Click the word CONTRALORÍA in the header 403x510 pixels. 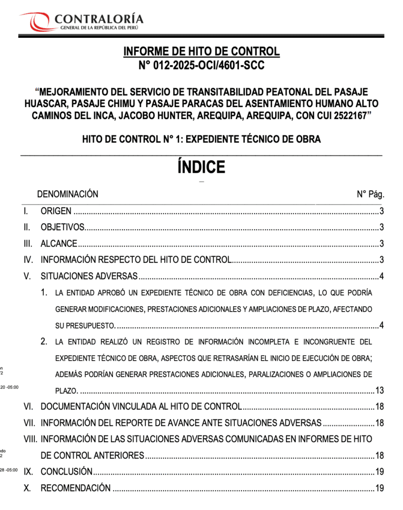pyautogui.click(x=99, y=19)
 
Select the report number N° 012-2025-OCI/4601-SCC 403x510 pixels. pyautogui.click(x=201, y=65)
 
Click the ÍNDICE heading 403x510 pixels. pyautogui.click(x=201, y=167)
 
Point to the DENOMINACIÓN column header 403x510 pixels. pyautogui.click(x=68, y=194)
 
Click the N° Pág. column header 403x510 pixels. pyautogui.click(x=370, y=194)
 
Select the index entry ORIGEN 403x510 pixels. pyautogui.click(x=56, y=211)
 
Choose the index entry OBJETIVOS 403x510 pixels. pyautogui.click(x=63, y=228)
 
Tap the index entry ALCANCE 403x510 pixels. pyautogui.click(x=59, y=244)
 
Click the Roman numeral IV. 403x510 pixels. pyautogui.click(x=28, y=259)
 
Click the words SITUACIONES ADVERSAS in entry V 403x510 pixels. pyautogui.click(x=89, y=276)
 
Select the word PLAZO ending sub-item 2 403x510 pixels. pyautogui.click(x=65, y=390)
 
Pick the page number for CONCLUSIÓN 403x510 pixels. pyautogui.click(x=379, y=472)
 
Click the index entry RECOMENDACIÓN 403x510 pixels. pyautogui.click(x=75, y=488)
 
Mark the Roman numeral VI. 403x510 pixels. pyautogui.click(x=28, y=406)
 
